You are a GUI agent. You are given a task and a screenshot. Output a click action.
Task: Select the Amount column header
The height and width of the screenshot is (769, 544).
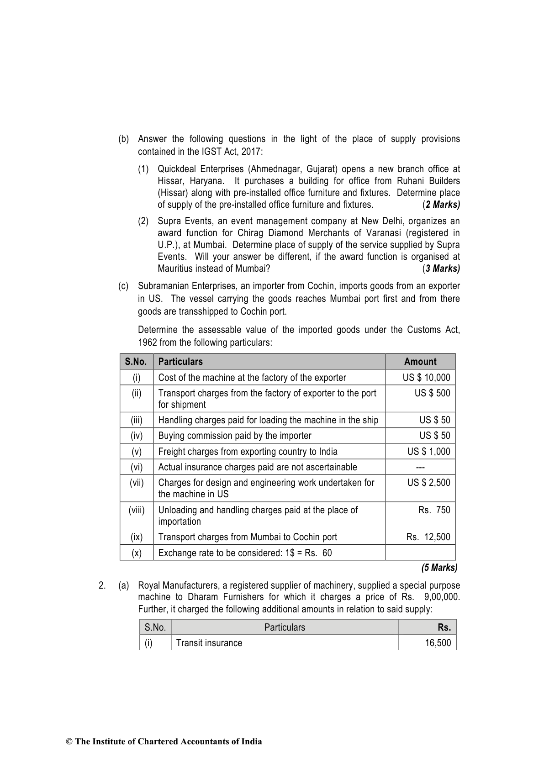[420, 362]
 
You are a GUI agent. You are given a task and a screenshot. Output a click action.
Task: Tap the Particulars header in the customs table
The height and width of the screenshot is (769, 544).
[180, 362]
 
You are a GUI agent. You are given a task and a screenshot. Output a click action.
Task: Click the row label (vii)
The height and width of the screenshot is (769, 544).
[137, 483]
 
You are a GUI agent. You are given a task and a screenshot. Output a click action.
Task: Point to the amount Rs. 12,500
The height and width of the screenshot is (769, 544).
[428, 537]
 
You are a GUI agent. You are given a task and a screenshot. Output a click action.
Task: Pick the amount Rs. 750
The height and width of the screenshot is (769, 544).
[434, 510]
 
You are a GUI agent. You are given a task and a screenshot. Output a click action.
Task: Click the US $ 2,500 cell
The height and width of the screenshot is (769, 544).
[428, 483]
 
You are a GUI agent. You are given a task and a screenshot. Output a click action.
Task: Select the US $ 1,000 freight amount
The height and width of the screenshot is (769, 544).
[428, 452]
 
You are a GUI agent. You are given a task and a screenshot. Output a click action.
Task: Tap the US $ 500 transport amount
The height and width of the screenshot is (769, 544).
[432, 393]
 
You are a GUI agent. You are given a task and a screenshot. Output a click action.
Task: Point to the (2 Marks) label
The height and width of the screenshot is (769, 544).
[441, 205]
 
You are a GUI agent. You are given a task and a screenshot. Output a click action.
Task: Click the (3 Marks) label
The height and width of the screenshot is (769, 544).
[441, 269]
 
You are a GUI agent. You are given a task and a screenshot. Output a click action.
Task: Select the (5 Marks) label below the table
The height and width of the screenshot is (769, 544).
[439, 568]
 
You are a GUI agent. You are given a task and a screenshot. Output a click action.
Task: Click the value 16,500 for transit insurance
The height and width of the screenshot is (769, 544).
[438, 643]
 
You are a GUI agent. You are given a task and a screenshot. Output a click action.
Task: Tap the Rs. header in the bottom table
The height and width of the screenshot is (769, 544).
[444, 627]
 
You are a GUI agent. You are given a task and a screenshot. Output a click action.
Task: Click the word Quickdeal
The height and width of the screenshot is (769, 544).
[176, 169]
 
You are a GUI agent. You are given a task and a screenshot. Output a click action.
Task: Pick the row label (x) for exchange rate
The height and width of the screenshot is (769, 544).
[137, 553]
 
